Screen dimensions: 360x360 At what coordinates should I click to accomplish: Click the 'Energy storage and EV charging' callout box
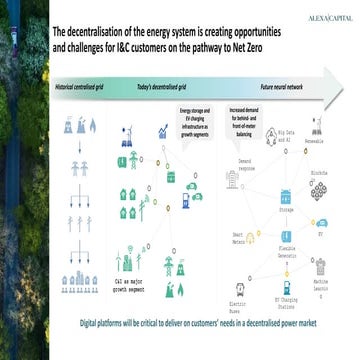click(196, 120)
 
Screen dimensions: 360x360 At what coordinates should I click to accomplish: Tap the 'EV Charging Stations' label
click(287, 302)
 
